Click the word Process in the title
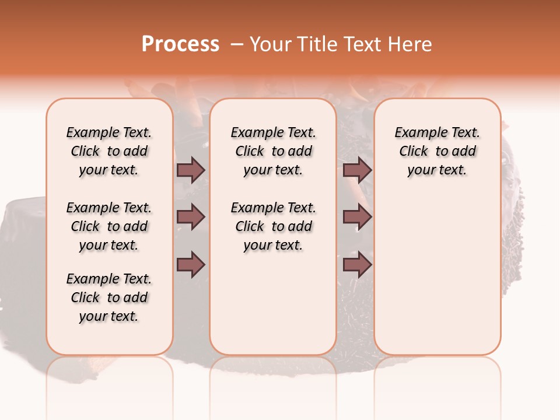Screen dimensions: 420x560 pyautogui.click(x=180, y=44)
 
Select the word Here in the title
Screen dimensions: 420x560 pyautogui.click(x=411, y=44)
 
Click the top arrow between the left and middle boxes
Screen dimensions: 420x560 pyautogui.click(x=191, y=170)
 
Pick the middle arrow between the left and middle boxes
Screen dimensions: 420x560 pyautogui.click(x=191, y=218)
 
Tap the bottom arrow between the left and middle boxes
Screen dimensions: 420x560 pyautogui.click(x=191, y=265)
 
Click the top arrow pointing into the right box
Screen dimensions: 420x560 pyautogui.click(x=357, y=170)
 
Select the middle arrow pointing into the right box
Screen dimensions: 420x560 pyautogui.click(x=357, y=218)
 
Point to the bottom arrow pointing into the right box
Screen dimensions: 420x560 pyautogui.click(x=357, y=265)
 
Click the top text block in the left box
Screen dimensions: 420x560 pyautogui.click(x=109, y=151)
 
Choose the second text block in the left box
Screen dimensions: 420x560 pyautogui.click(x=109, y=226)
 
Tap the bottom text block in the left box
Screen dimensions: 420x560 pyautogui.click(x=109, y=297)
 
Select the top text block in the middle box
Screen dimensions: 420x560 pyautogui.click(x=273, y=151)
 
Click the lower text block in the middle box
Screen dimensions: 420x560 pyautogui.click(x=273, y=226)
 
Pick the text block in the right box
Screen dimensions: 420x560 pyautogui.click(x=437, y=151)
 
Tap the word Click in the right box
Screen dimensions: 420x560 pyautogui.click(x=414, y=152)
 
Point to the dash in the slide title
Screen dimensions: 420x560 pyautogui.click(x=237, y=44)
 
